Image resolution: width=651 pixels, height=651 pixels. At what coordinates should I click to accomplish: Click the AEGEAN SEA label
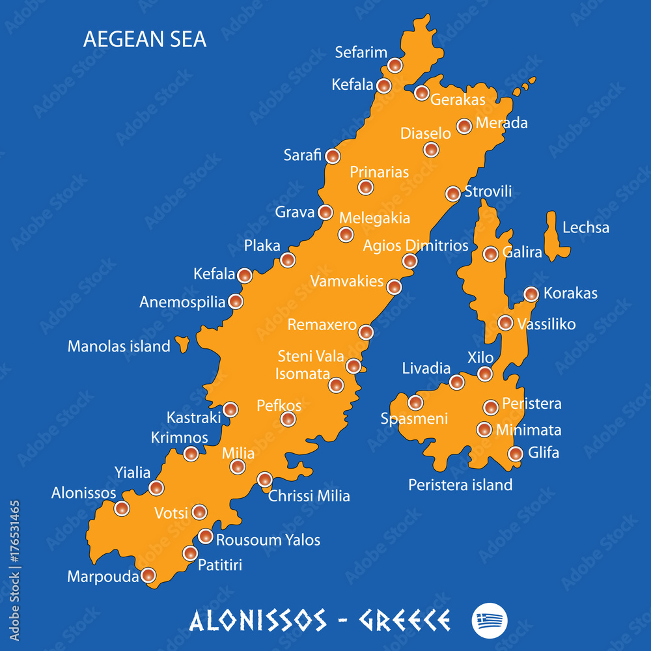tap(145, 39)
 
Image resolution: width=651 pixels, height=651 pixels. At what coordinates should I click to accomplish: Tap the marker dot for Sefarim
tap(395, 65)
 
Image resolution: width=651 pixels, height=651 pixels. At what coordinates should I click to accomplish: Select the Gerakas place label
tap(458, 100)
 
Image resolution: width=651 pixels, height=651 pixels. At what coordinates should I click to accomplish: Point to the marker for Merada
tap(464, 126)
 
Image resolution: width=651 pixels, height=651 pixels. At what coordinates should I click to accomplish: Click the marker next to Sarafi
tap(333, 156)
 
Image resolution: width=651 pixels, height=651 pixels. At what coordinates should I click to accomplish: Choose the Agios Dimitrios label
tap(415, 245)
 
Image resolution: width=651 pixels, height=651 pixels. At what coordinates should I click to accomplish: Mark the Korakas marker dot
tap(531, 294)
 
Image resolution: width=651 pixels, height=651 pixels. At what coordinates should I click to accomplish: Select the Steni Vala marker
tap(353, 366)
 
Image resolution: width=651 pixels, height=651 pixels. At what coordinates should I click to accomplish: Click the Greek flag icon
tap(490, 619)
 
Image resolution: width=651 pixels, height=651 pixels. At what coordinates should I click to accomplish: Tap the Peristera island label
tap(460, 484)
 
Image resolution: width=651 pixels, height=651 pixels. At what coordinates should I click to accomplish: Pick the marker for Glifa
tap(516, 453)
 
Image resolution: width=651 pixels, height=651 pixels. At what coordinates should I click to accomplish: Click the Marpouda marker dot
tap(148, 575)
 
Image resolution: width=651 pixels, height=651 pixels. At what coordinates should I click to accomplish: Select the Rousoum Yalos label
tap(268, 540)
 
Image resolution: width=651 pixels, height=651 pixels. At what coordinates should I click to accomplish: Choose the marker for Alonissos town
tap(122, 508)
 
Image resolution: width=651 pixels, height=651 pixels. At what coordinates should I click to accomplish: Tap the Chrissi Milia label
tap(309, 496)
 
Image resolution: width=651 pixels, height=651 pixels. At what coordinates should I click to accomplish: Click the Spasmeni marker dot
tap(415, 402)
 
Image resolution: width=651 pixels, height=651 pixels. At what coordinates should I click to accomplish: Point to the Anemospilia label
tap(182, 302)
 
